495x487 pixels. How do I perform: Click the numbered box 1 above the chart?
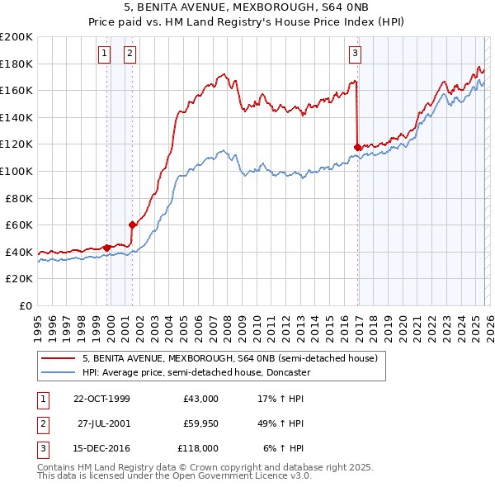(x=105, y=54)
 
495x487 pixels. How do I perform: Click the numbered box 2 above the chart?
(x=130, y=54)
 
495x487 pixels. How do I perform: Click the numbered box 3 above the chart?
(x=355, y=54)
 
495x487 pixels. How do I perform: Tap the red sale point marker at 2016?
(x=357, y=147)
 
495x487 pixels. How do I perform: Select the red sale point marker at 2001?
(x=132, y=225)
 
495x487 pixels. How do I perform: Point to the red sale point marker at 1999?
(x=107, y=247)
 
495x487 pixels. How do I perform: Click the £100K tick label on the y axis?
(x=16, y=171)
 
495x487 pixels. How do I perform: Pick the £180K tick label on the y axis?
(x=16, y=64)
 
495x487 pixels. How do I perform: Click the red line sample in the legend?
(x=58, y=358)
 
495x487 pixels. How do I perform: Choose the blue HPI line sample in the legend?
(x=58, y=372)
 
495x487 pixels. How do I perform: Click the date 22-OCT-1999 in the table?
(x=101, y=399)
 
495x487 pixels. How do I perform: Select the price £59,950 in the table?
(x=200, y=423)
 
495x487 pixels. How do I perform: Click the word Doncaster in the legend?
(x=286, y=372)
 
